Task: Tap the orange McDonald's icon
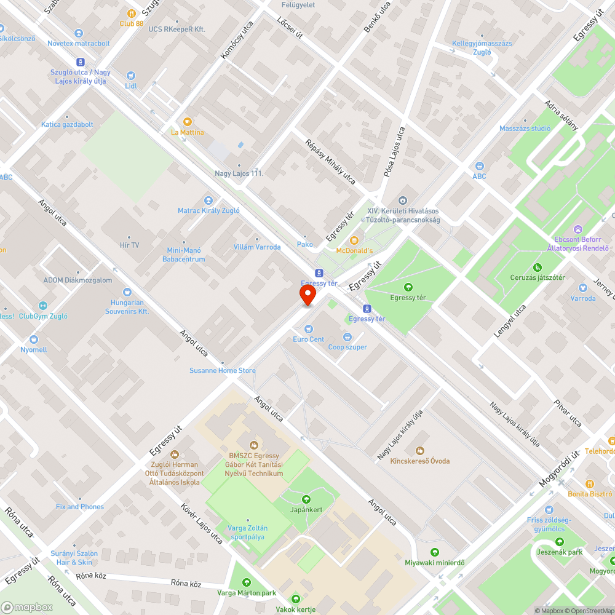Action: coord(353,240)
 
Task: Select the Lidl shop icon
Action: coord(131,75)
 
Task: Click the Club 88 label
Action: coord(131,23)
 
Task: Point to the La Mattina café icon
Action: coord(188,122)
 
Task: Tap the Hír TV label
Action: coord(129,245)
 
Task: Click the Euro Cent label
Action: coord(308,339)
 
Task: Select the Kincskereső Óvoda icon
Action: coord(420,451)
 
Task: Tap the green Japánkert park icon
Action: coord(306,499)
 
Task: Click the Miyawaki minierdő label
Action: coord(435,563)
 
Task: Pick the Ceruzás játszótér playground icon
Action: coord(538,267)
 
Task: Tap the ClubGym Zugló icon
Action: coord(42,306)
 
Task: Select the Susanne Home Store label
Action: coord(222,370)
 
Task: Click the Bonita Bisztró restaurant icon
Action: coord(590,484)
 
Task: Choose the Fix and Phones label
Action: coord(79,507)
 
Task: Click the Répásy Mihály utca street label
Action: coord(330,162)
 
